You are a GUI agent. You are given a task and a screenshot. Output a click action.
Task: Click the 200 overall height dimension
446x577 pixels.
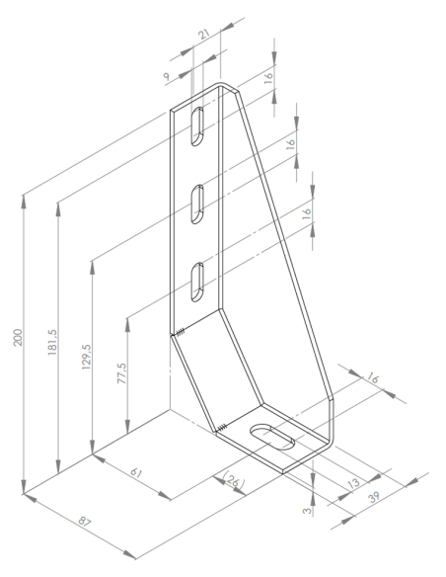pos(18,337)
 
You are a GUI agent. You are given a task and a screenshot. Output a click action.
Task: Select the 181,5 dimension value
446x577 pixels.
pos(52,342)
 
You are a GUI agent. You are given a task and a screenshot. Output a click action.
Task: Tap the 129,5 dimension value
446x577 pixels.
pos(87,357)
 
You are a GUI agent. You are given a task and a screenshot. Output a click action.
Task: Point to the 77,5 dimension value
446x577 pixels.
pos(121,373)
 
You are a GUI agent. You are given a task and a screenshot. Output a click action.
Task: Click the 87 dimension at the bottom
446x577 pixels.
pos(85,522)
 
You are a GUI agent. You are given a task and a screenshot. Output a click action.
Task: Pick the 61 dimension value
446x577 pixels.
pos(136,472)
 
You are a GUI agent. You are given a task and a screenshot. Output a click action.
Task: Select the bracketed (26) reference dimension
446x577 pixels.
pos(233,479)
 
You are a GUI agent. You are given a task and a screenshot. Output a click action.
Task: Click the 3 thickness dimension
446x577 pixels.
pos(307,511)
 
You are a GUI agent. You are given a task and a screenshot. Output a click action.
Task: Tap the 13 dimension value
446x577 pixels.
pos(353,482)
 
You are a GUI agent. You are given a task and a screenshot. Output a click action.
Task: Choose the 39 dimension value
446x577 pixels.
pos(374,497)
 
